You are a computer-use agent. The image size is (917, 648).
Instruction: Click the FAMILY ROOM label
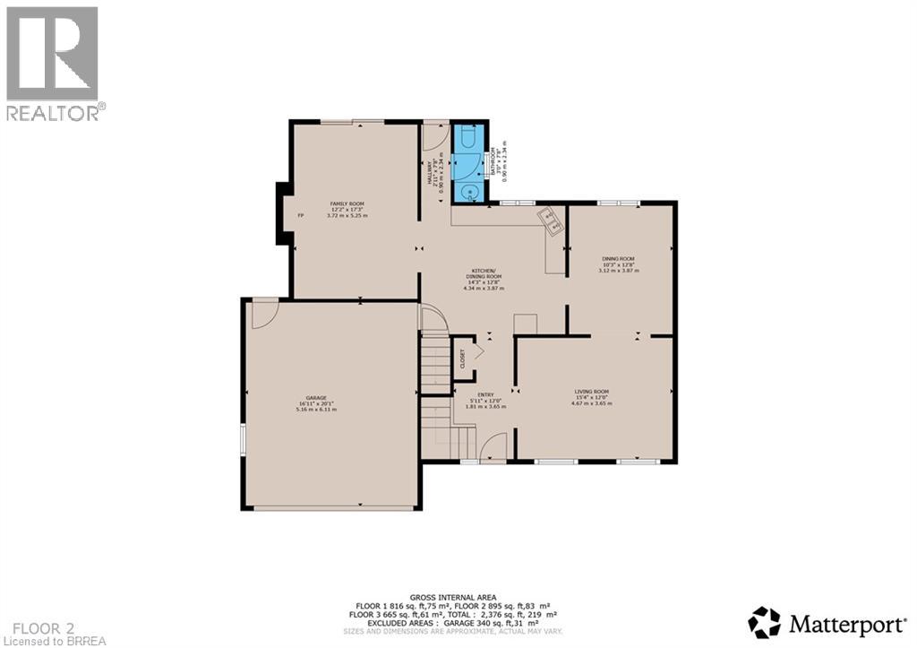tap(347, 204)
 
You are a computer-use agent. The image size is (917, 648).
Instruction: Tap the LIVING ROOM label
tap(591, 392)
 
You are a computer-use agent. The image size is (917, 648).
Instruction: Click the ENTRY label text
tap(484, 394)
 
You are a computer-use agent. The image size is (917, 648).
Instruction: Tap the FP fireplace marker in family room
tap(301, 215)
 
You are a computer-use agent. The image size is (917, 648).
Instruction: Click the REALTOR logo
tap(53, 64)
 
